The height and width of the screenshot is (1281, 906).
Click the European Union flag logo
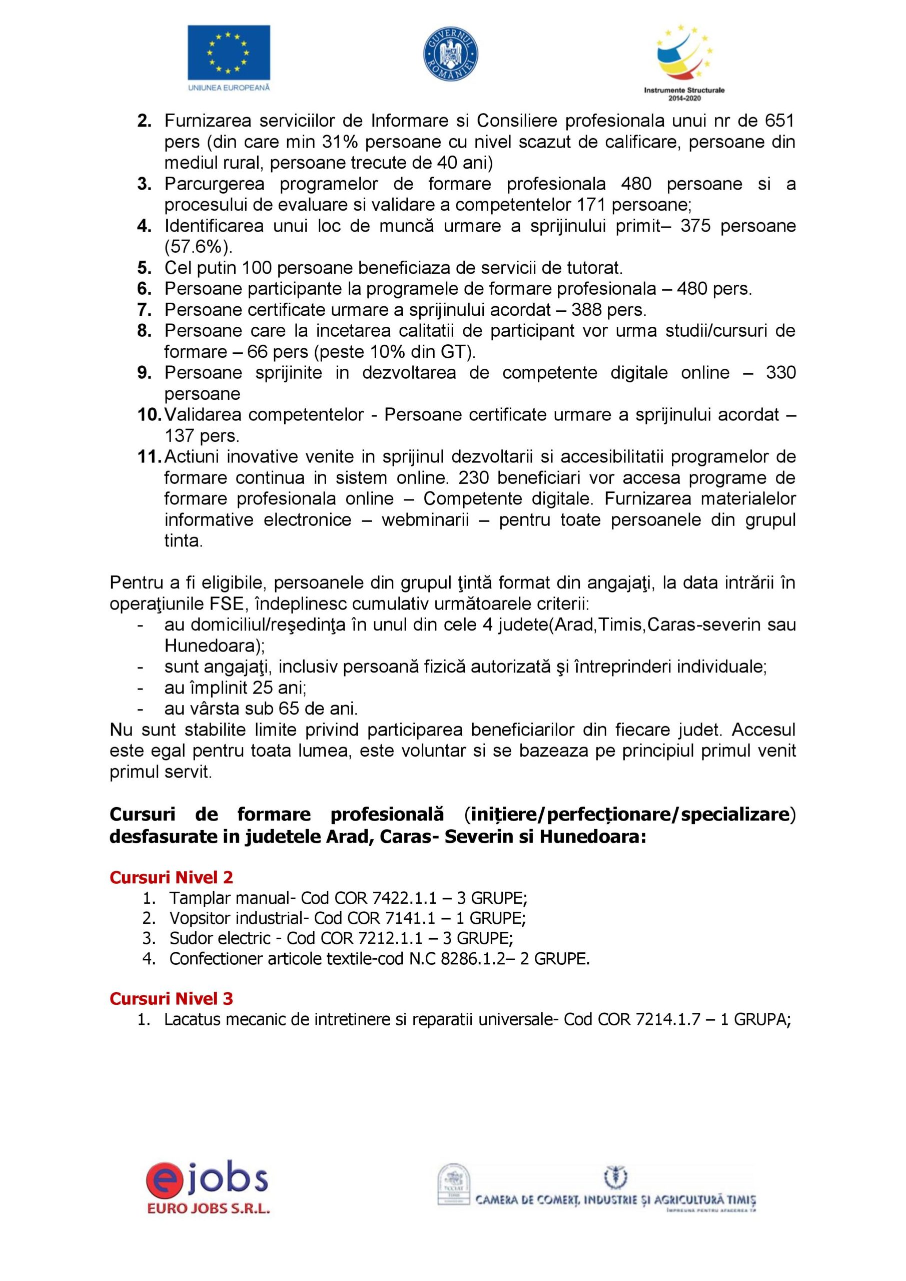pos(229,53)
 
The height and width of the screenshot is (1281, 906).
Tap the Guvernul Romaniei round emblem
pos(452,55)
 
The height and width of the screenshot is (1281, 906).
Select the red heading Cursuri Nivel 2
pos(171,877)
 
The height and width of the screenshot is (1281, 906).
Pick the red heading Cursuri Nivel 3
pos(171,998)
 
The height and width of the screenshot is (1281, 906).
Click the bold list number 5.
pos(145,268)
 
